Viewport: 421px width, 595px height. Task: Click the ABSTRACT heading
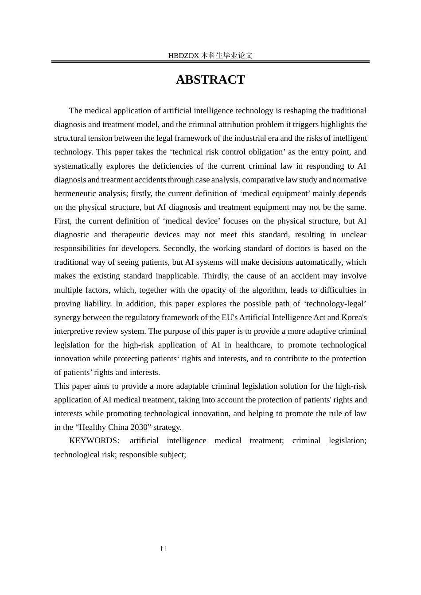tap(210, 80)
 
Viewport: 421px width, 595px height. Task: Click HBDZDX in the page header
tap(184, 56)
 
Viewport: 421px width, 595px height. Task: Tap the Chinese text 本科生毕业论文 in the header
tap(226, 56)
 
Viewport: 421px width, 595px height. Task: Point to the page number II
tap(163, 549)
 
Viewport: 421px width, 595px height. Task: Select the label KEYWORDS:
tap(94, 440)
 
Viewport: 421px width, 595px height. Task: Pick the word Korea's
tap(354, 317)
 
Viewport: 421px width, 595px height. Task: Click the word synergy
tap(67, 317)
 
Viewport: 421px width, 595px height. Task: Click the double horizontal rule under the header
tap(210, 62)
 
